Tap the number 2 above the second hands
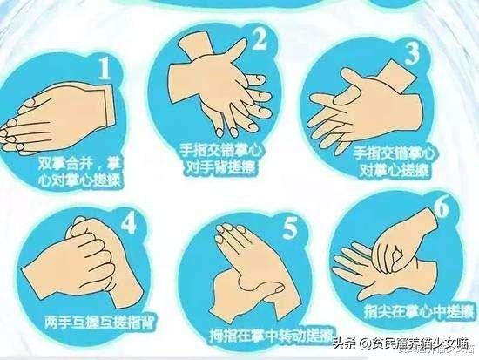pos(259,37)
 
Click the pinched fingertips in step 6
pos(392,253)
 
